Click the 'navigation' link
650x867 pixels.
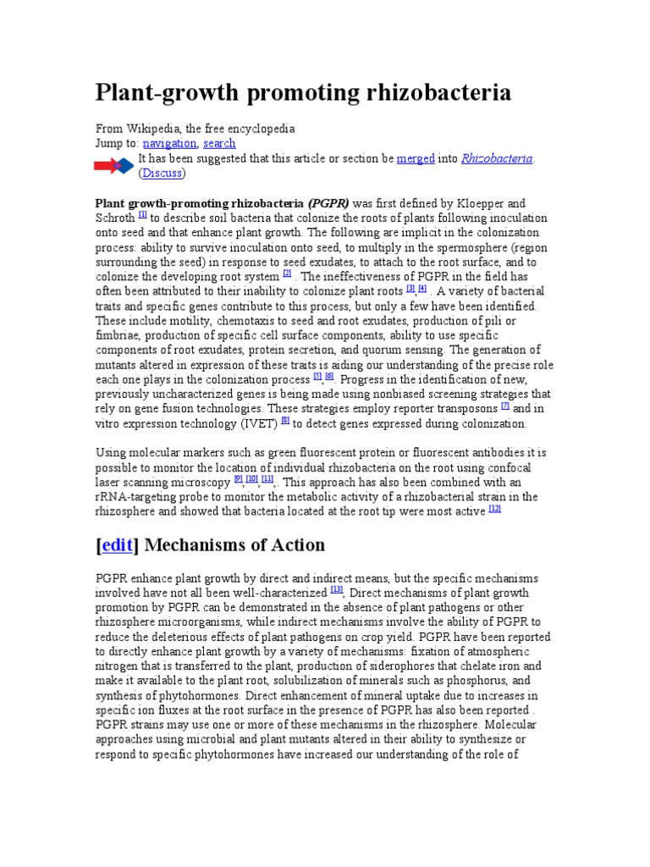pos(168,144)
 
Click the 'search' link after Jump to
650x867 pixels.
pos(219,144)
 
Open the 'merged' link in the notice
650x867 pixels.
pos(416,158)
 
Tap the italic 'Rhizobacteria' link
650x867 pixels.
pos(497,158)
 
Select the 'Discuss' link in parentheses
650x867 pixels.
pos(162,173)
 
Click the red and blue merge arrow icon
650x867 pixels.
pos(114,166)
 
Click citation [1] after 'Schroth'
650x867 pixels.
pos(143,215)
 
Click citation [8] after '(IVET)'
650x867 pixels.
pos(285,420)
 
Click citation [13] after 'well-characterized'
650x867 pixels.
pos(337,590)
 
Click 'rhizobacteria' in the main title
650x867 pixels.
pos(421,92)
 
